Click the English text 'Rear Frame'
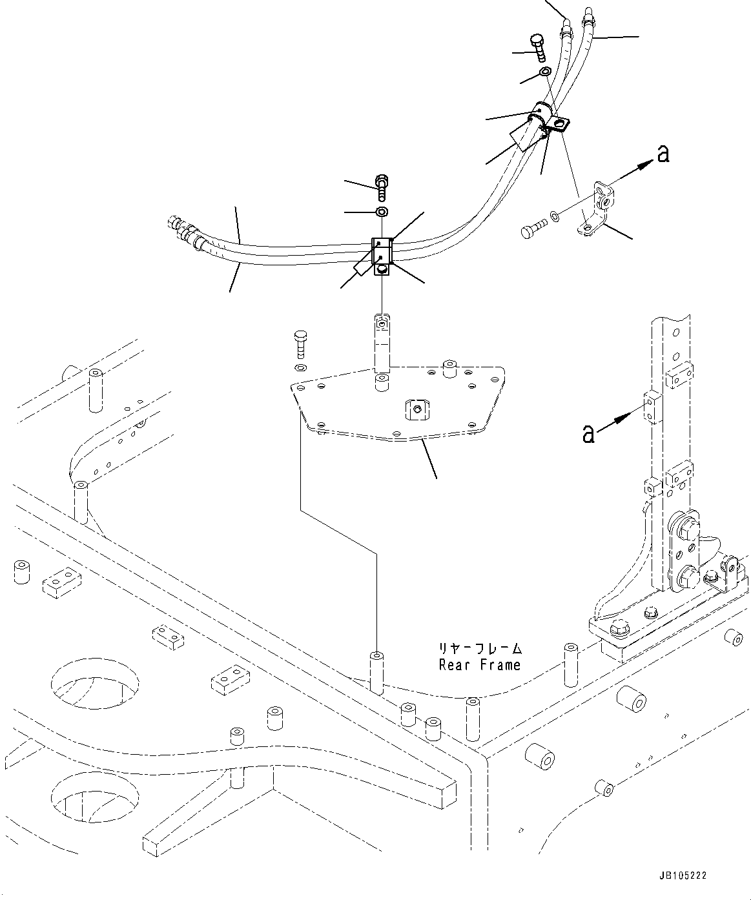coord(479,665)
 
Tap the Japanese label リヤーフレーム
coord(479,648)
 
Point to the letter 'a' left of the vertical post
coord(588,434)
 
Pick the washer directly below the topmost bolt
coord(544,72)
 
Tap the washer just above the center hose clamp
coord(382,212)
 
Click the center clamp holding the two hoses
coord(383,256)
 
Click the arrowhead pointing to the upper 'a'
coord(643,165)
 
